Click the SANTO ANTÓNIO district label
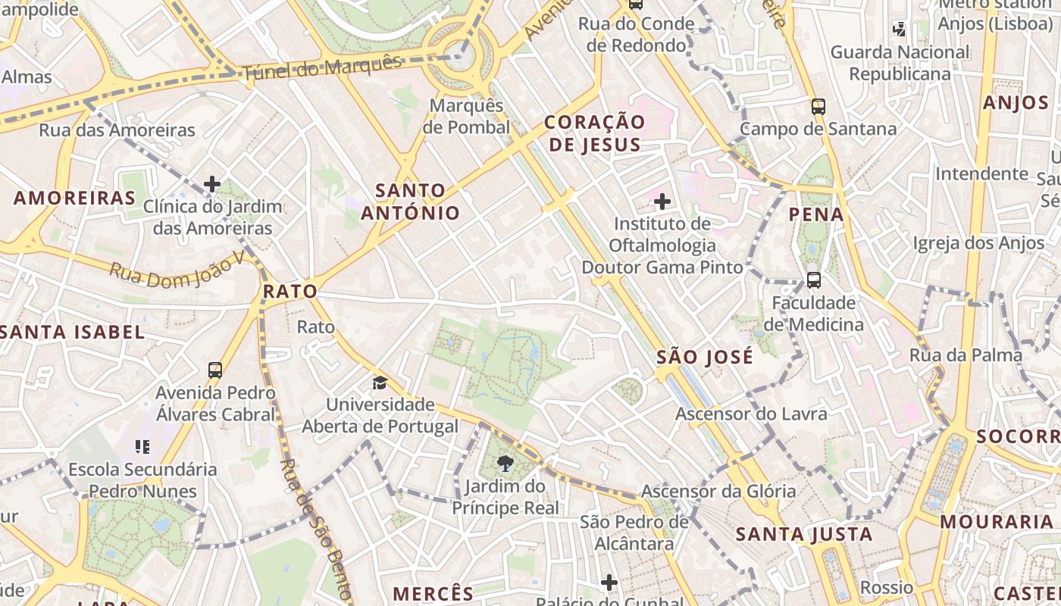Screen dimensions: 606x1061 (x=410, y=201)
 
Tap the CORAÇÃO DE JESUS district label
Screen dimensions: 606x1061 (x=595, y=133)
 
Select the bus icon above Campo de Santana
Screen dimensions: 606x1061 (x=818, y=106)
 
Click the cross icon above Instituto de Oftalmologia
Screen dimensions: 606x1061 (x=662, y=201)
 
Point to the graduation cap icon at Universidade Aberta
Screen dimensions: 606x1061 (x=380, y=383)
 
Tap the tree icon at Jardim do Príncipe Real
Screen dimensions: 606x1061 (x=505, y=463)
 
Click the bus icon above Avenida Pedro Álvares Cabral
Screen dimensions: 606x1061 (x=215, y=370)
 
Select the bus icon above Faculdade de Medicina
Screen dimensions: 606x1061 (x=813, y=280)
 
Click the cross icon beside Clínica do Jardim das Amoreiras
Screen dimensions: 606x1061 (x=212, y=183)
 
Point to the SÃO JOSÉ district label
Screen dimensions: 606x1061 (x=705, y=357)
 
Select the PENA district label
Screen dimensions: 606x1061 (x=816, y=214)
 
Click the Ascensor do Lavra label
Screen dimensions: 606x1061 (x=751, y=414)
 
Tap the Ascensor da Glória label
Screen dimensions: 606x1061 (x=718, y=491)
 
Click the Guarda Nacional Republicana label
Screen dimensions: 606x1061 (x=900, y=63)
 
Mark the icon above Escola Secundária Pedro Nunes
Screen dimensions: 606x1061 (x=142, y=446)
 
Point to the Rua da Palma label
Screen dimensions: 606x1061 (x=966, y=355)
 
